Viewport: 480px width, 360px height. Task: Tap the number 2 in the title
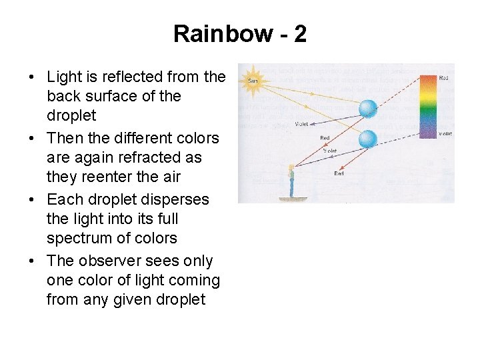point(300,33)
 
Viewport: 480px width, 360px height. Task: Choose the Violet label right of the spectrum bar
point(445,133)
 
